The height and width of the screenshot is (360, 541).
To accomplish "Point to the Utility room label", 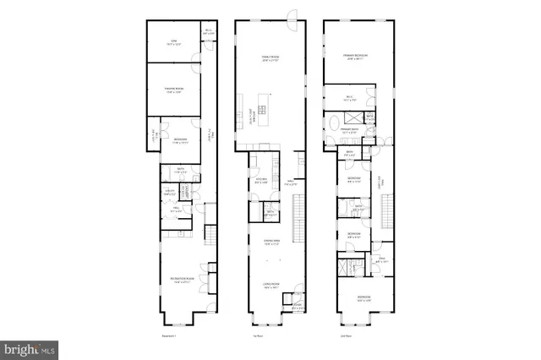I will click(170, 193).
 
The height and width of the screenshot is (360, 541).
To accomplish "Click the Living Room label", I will click(271, 286).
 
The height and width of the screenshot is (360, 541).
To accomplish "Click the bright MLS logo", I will click(29, 346).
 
